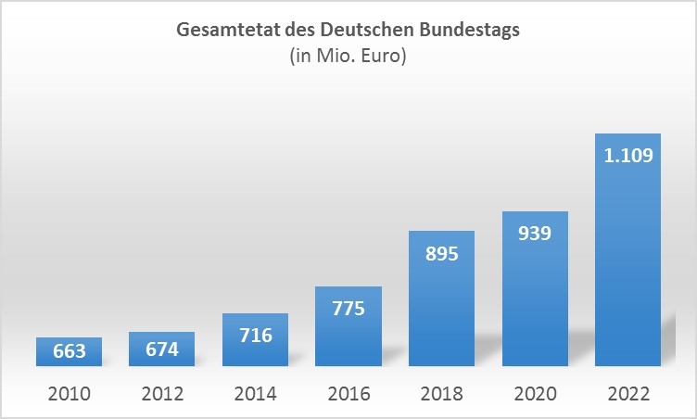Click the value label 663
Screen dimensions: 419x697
70,351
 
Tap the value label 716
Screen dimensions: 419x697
255,334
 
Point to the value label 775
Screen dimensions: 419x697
348,309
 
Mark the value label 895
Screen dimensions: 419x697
441,253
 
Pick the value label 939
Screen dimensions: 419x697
535,233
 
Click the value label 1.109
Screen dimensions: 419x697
627,156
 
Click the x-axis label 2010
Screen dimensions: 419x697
70,393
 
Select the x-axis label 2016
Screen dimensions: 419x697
348,393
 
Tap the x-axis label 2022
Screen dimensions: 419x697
627,393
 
